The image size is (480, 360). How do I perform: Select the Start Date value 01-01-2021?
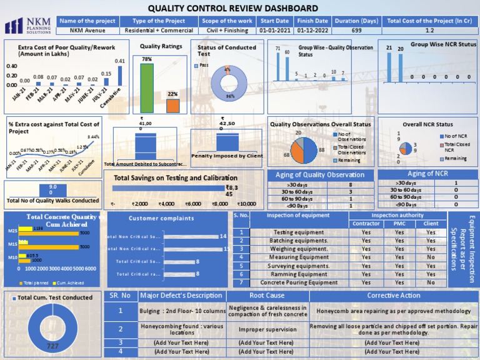pyautogui.click(x=275, y=30)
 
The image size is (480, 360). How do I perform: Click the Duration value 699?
pyautogui.click(x=356, y=30)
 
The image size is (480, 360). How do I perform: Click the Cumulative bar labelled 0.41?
pyautogui.click(x=120, y=76)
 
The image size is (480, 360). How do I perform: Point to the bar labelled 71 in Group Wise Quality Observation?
pyautogui.click(x=278, y=65)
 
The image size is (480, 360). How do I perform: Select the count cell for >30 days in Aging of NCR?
pyautogui.click(x=456, y=182)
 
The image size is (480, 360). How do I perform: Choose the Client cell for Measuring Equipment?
pyautogui.click(x=431, y=257)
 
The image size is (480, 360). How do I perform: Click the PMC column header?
pyautogui.click(x=399, y=223)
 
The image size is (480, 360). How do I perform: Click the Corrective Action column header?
pyautogui.click(x=393, y=295)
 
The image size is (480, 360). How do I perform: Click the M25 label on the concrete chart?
pyautogui.click(x=12, y=231)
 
